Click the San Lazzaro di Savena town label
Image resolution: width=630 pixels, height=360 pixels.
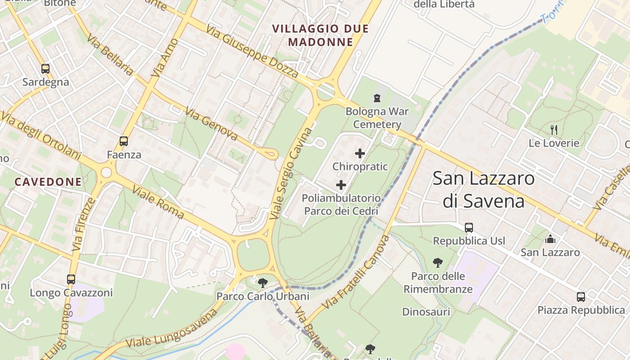pos(484,189)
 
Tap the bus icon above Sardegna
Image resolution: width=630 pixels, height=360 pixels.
pos(45,69)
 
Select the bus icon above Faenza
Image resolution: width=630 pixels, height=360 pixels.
pos(124,141)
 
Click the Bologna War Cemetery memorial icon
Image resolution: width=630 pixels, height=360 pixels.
pos(377,98)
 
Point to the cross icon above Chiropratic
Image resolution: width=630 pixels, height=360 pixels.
pos(360,153)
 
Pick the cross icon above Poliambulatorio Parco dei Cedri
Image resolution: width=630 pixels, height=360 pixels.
pos(341,184)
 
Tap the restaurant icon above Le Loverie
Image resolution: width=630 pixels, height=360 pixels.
pos(554,130)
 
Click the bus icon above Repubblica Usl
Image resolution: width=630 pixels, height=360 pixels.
pos(469,228)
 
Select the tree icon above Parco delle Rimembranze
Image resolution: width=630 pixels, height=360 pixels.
pos(437,263)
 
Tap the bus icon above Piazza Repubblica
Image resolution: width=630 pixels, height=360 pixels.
pos(581,297)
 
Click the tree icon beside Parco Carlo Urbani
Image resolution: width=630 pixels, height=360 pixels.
pos(263,283)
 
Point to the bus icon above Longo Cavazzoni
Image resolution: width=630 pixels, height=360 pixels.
pos(71,279)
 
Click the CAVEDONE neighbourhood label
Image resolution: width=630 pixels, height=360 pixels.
pos(48,182)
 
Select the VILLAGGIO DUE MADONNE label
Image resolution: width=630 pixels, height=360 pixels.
pos(320,36)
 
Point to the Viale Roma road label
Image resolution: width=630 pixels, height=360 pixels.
pos(158,202)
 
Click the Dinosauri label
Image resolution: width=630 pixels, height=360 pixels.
pos(426,312)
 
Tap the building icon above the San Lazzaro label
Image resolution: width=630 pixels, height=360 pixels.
pos(550,239)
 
